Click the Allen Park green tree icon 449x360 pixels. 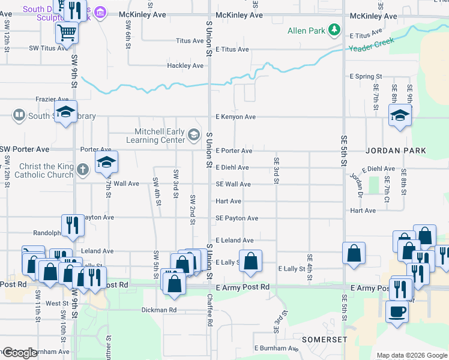tap(334, 30)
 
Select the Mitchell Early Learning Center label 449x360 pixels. tap(154, 136)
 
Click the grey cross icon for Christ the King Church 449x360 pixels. tap(83, 170)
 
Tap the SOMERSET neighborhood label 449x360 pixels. tap(325, 340)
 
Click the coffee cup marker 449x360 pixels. tap(396, 311)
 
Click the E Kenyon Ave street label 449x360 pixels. tap(235, 117)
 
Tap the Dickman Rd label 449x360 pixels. tap(158, 310)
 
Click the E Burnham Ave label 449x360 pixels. tap(276, 348)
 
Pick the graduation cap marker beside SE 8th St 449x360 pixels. tap(399, 115)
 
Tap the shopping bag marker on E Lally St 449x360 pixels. tap(251, 260)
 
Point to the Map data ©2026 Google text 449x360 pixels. tap(411, 355)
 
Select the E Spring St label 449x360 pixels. tap(366, 77)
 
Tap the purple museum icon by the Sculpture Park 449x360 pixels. tap(100, 13)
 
